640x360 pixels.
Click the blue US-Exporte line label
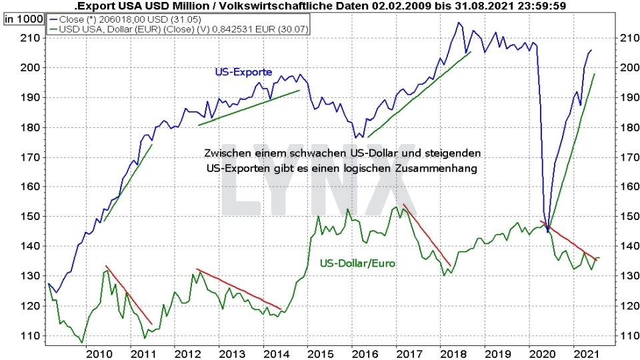pyautogui.click(x=243, y=72)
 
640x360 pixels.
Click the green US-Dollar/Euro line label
pyautogui.click(x=357, y=263)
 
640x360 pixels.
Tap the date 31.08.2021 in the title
pyautogui.click(x=463, y=6)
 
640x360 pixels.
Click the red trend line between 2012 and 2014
pyautogui.click(x=239, y=289)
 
